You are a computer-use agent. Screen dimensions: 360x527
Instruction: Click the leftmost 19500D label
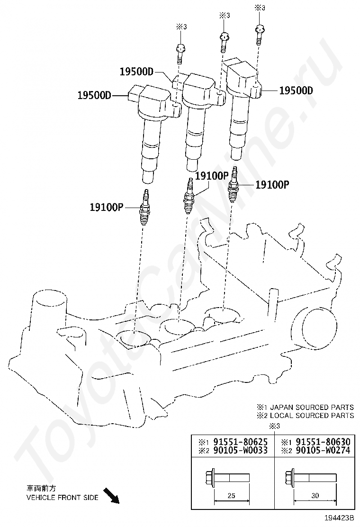(94, 95)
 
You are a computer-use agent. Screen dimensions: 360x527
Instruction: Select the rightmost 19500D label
(296, 91)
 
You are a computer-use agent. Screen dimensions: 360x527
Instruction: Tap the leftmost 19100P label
(107, 207)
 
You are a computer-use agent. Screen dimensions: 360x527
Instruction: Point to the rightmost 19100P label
(272, 184)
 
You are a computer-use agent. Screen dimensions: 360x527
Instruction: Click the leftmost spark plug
(145, 207)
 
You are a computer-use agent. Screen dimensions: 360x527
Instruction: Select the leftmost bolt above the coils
(180, 54)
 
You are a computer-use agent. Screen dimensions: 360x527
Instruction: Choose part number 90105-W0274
(323, 450)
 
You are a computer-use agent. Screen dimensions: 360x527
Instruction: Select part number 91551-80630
(323, 442)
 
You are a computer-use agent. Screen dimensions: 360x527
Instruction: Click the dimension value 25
(231, 495)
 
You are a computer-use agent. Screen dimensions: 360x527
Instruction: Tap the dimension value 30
(315, 495)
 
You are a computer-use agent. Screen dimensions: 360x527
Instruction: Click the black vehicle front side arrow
(111, 496)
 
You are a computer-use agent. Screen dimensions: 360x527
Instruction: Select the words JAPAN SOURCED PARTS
(312, 408)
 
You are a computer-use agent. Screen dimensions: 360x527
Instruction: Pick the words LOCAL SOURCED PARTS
(312, 416)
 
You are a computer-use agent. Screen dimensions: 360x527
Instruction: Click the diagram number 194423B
(339, 523)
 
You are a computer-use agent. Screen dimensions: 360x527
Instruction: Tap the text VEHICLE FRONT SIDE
(62, 498)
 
